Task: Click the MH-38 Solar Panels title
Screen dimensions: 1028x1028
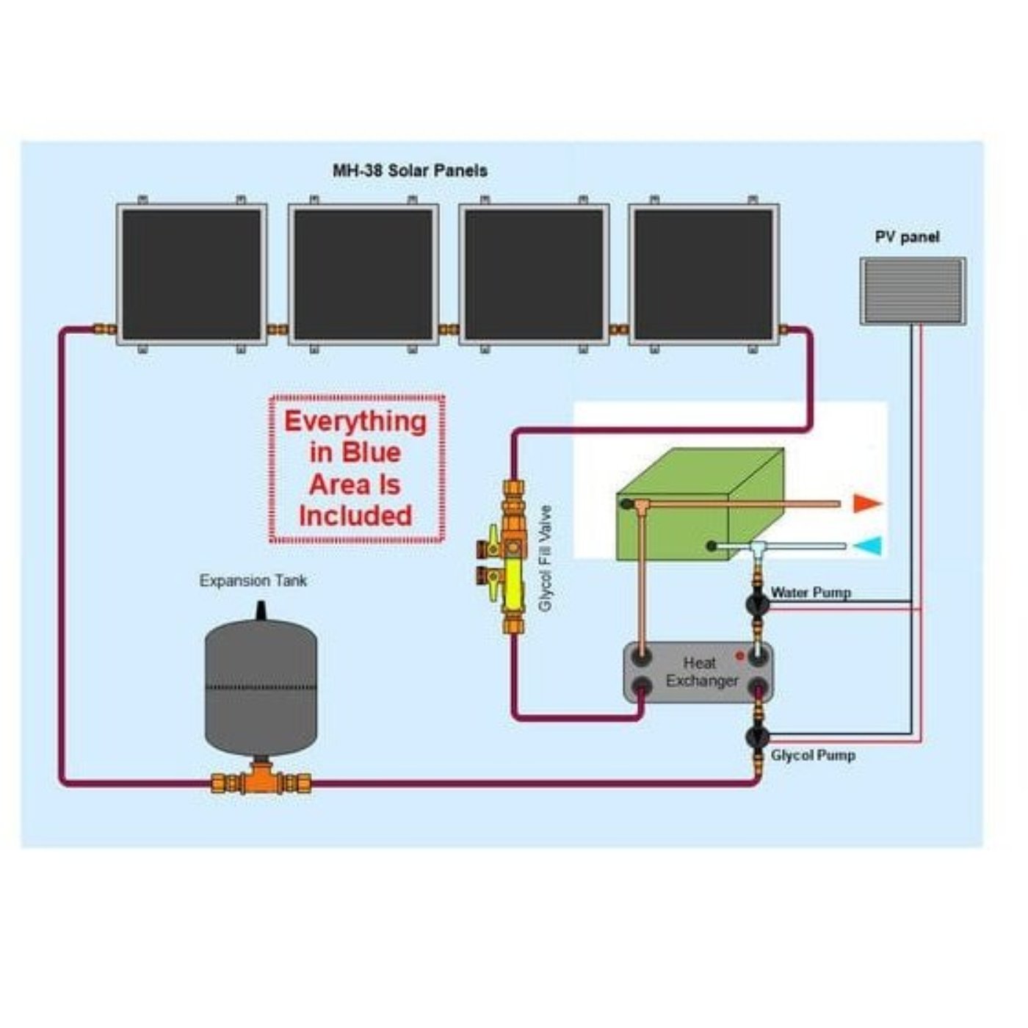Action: click(x=410, y=171)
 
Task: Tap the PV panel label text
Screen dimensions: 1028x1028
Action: click(x=907, y=237)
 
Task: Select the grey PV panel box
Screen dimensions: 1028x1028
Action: click(x=913, y=291)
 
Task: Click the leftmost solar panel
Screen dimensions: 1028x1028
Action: click(x=192, y=275)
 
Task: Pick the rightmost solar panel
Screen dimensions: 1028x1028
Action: click(x=703, y=275)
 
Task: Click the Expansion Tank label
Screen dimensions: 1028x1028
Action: click(x=253, y=581)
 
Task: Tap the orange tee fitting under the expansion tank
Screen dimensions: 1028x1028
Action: click(x=261, y=780)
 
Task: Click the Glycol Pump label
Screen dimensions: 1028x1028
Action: click(x=813, y=755)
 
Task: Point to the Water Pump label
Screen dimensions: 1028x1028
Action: click(x=811, y=592)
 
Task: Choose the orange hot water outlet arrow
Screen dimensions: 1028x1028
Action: click(x=867, y=504)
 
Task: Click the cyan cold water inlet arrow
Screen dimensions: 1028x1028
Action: click(x=867, y=546)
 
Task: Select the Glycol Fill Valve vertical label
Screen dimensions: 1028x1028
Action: click(x=545, y=558)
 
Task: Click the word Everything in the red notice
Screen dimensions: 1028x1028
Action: click(x=355, y=421)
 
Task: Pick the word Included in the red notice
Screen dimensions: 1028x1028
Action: click(x=355, y=515)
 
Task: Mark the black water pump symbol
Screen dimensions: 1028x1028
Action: click(x=757, y=604)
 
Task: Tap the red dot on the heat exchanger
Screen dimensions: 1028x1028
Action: click(x=740, y=655)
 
